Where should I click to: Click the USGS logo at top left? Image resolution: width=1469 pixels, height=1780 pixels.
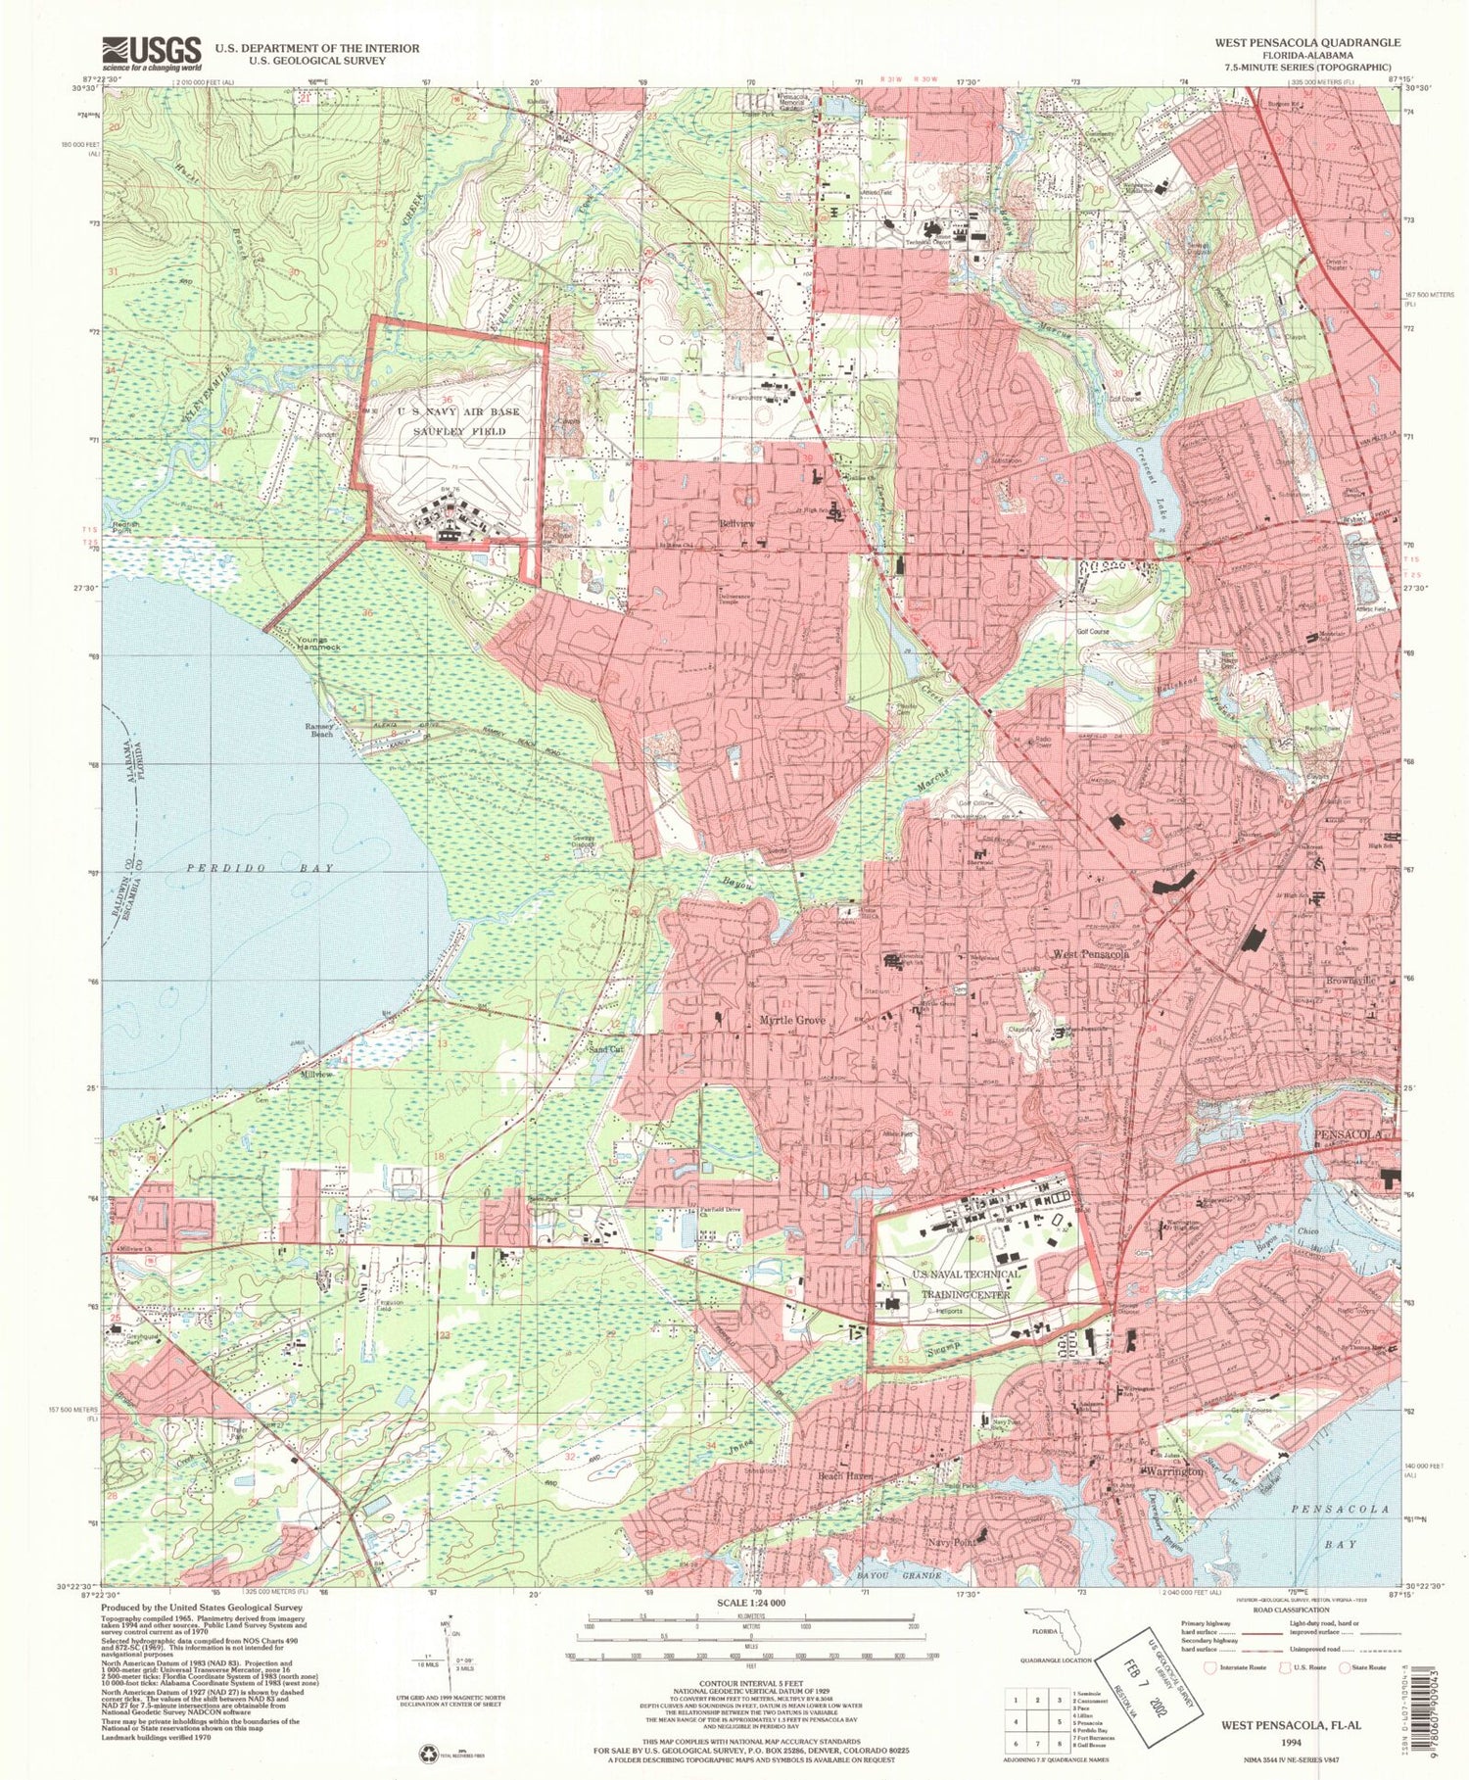[152, 53]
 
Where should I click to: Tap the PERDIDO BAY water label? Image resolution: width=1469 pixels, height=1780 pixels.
[261, 868]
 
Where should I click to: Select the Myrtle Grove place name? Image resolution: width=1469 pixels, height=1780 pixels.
[792, 1021]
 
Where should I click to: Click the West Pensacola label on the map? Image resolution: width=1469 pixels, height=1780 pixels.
[1091, 953]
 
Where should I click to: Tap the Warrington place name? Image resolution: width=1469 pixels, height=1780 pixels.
[1171, 1472]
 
